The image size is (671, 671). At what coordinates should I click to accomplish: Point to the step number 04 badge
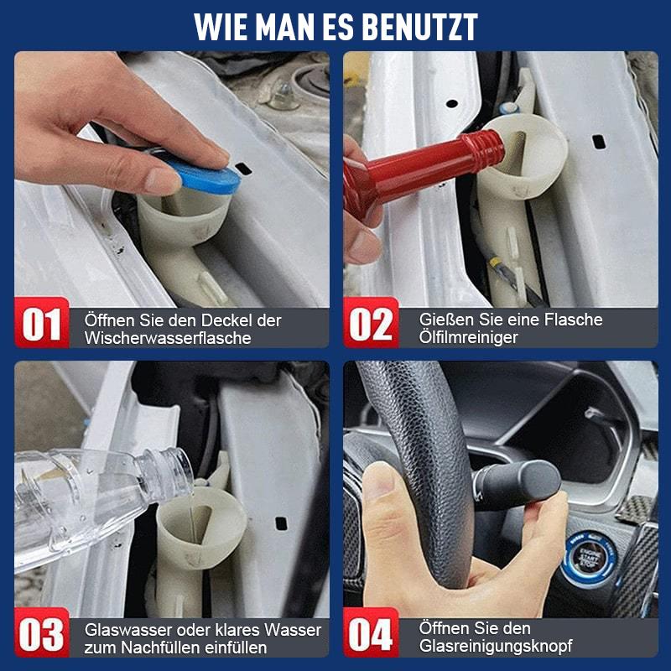click(371, 635)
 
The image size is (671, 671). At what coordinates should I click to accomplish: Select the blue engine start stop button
click(591, 558)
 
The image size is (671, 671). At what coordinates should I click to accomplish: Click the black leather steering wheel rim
click(436, 436)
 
